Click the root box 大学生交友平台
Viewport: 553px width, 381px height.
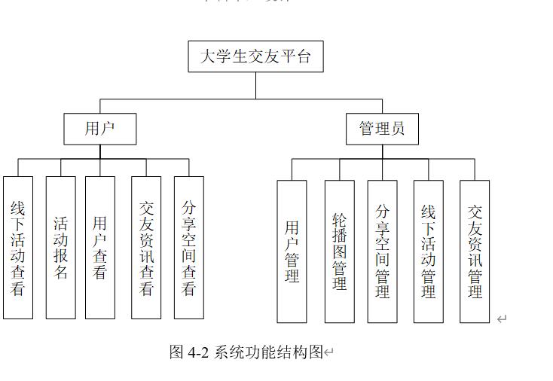(x=255, y=56)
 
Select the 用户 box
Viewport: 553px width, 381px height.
(x=100, y=129)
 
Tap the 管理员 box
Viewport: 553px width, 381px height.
(x=382, y=129)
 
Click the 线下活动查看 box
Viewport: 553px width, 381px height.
(x=18, y=248)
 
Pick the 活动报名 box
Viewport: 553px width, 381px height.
(x=61, y=248)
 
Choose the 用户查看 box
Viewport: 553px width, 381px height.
(x=100, y=248)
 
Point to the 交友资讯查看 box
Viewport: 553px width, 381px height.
(x=146, y=248)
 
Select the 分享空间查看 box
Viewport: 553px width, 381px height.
(x=189, y=248)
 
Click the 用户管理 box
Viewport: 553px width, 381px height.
(x=292, y=251)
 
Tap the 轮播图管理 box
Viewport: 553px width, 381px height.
(x=339, y=251)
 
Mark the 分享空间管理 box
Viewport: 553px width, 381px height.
(x=382, y=251)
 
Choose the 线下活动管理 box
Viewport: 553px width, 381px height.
(x=428, y=251)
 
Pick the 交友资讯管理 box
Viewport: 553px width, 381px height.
(x=475, y=251)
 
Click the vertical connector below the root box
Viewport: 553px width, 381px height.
(x=255, y=85)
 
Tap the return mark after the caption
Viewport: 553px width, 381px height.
(x=328, y=352)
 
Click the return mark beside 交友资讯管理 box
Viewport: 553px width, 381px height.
(x=502, y=319)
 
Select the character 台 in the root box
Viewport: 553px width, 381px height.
(x=303, y=56)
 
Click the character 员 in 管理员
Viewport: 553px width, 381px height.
(x=398, y=129)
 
